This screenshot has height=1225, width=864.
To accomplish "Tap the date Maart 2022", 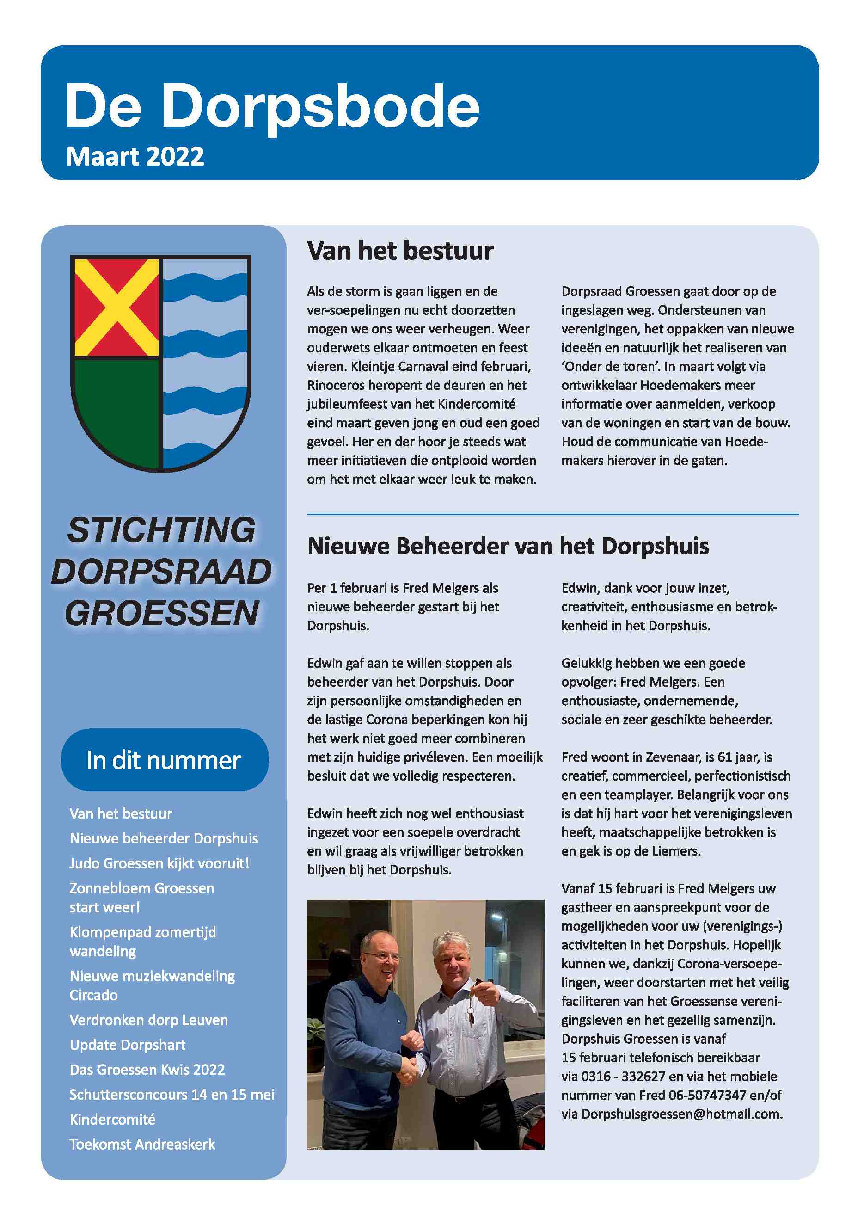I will (135, 157).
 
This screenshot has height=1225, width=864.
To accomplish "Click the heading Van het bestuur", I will (400, 251).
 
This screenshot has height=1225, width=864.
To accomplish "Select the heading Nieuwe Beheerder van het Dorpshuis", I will (508, 546).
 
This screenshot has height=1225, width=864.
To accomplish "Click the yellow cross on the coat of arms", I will (116, 308).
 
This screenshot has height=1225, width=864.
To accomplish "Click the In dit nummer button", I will (164, 760).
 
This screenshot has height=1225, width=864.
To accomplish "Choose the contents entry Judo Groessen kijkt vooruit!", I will (159, 863).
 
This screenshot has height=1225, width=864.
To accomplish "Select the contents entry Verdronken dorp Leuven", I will (148, 1020).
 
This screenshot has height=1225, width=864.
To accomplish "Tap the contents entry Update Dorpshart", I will (128, 1045).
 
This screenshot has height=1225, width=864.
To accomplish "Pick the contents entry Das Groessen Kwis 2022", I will (147, 1070).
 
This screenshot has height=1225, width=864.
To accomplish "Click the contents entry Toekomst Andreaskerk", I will (142, 1145).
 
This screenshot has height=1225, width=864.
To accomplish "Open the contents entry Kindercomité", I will (112, 1120).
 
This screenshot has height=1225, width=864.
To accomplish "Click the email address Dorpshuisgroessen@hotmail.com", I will (681, 1114).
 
